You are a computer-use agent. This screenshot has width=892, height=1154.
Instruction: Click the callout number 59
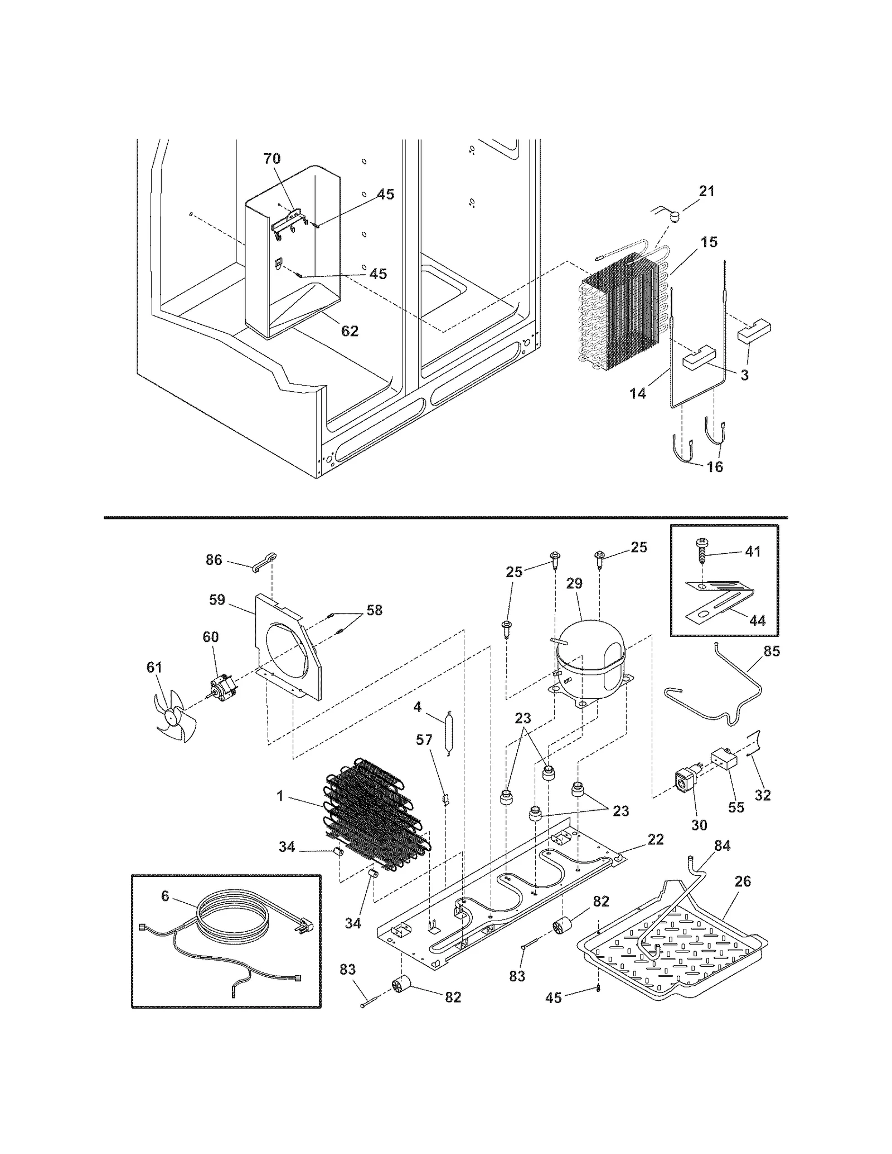(217, 600)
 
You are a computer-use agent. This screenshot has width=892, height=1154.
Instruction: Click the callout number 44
(757, 620)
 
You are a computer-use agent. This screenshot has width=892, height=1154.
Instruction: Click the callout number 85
(772, 651)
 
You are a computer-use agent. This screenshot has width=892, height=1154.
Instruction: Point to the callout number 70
(272, 158)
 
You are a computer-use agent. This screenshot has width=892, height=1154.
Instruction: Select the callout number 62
(350, 331)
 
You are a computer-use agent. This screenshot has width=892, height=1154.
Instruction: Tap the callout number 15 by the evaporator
(709, 242)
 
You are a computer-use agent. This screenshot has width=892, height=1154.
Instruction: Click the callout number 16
(715, 466)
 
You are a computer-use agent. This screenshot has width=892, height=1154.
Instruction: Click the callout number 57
(424, 739)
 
